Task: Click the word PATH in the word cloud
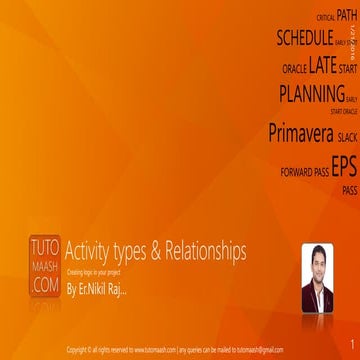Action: click(346, 15)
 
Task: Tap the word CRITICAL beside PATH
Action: click(325, 18)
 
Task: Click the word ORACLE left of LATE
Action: click(294, 70)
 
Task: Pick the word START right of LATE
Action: click(347, 70)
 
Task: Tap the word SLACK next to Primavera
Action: click(347, 136)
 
